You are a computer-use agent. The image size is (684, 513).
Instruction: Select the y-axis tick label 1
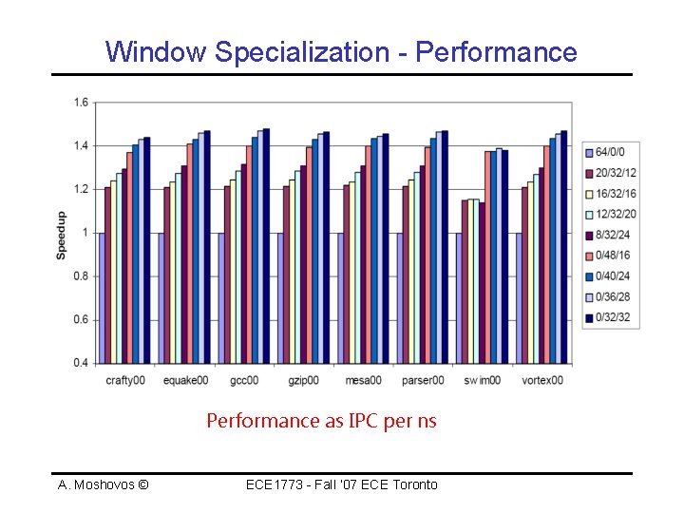85,233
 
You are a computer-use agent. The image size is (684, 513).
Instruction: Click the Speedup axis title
62,235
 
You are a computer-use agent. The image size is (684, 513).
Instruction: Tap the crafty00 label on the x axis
125,380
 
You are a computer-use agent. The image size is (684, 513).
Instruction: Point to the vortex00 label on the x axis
542,380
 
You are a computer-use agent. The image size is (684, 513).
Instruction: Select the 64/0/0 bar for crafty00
102,297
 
